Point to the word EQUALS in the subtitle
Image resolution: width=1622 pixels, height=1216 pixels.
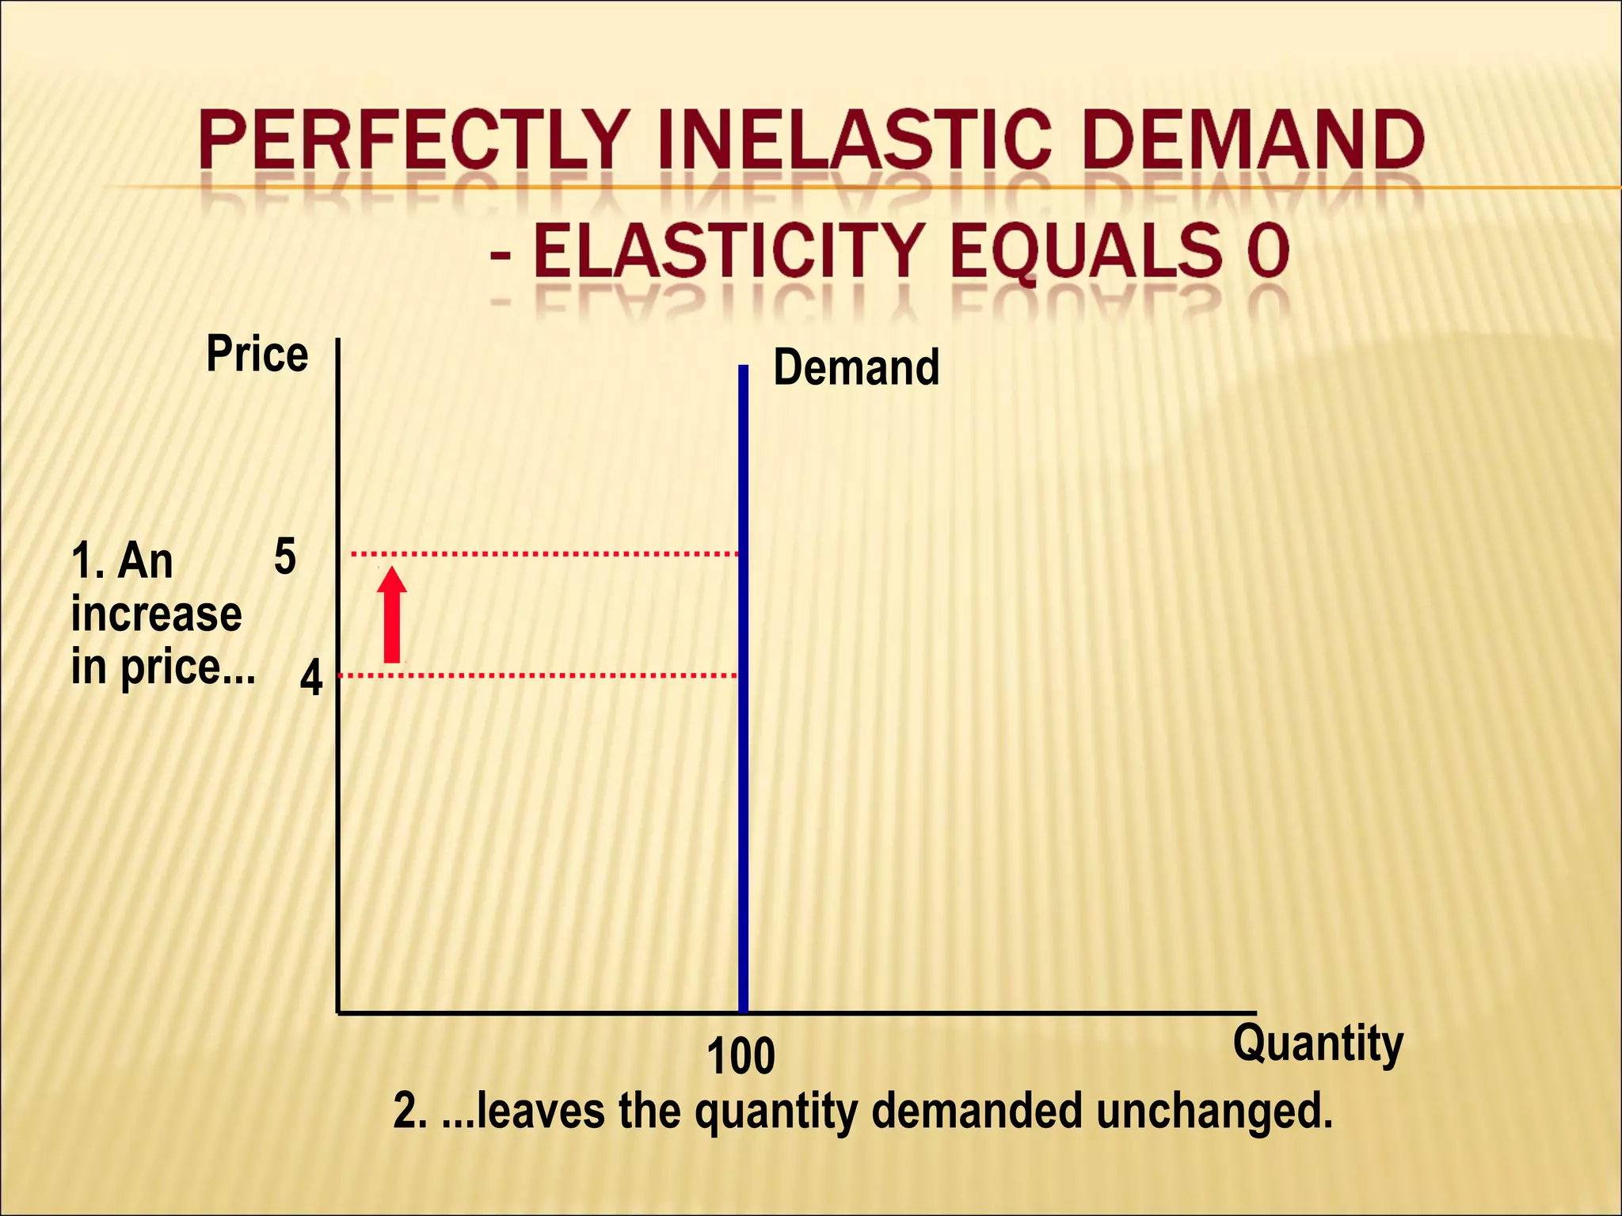coord(1086,251)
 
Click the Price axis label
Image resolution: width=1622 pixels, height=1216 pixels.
coord(257,354)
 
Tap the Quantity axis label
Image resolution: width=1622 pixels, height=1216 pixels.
coord(1317,1043)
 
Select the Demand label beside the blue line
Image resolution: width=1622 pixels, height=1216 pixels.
coord(856,367)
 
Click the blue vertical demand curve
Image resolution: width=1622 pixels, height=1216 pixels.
coord(743,792)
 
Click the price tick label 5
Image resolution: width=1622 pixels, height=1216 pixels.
coord(285,557)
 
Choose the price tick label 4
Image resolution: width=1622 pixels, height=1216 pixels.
coord(311,679)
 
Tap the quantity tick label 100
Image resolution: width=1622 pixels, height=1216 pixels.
coord(741,1057)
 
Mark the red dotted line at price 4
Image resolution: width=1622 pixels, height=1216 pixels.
coord(539,676)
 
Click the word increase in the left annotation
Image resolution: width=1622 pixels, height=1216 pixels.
coord(156,614)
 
